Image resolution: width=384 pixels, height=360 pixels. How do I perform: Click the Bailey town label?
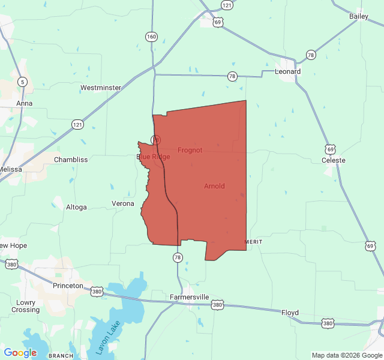pos(359,16)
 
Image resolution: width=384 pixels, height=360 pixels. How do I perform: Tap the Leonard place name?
pos(287,71)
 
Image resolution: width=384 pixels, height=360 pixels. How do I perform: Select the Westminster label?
pos(101,88)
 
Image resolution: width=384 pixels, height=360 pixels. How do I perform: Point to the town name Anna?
pos(25,103)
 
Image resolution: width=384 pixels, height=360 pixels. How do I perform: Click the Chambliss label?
pos(71,160)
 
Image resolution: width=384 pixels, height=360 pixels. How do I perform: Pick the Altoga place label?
pos(76,207)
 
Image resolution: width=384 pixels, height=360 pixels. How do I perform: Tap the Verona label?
pos(123,203)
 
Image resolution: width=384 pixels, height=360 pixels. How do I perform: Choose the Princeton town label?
pos(68,286)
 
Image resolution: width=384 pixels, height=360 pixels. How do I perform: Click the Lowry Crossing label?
pos(26,306)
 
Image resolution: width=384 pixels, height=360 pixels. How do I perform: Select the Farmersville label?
pos(189,297)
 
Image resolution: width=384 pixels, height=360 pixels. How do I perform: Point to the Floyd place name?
pos(290,313)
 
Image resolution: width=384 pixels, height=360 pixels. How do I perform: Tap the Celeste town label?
pos(334,160)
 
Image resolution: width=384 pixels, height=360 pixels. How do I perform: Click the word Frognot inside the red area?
pos(190,150)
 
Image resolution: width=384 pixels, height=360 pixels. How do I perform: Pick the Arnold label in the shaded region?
pos(214,186)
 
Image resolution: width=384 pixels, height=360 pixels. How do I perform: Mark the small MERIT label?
pos(254,241)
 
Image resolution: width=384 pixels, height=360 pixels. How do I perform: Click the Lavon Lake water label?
pos(109,337)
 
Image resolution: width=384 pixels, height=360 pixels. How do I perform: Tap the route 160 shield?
pos(151,37)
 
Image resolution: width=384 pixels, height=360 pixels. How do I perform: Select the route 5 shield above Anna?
pos(22,82)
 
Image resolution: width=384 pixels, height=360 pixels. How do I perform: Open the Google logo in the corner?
pos(20,353)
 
